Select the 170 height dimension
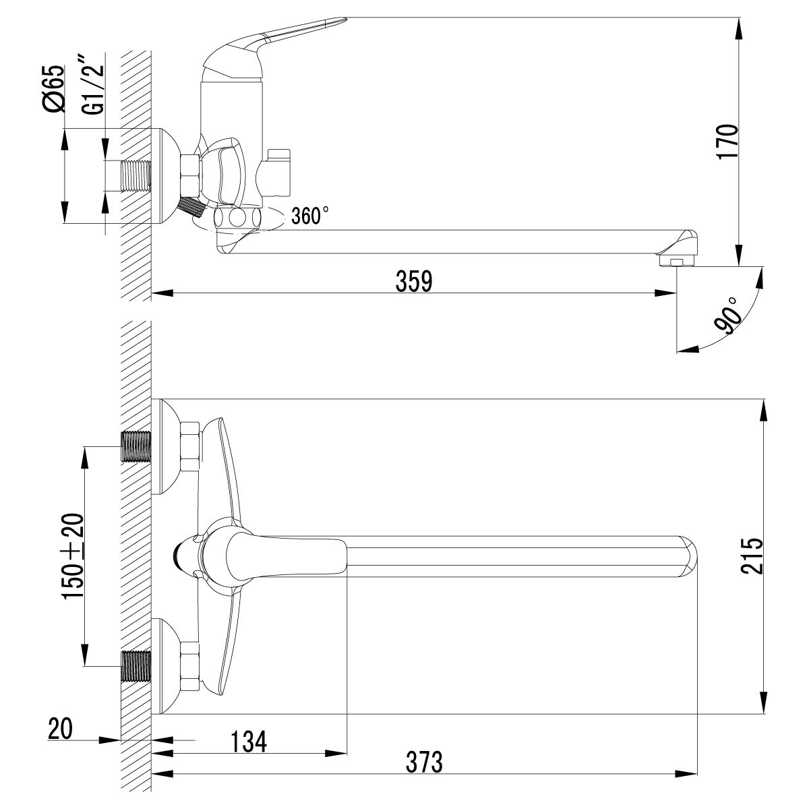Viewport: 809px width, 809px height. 728,140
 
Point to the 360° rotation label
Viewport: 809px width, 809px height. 310,216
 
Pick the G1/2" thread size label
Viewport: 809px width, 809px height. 94,88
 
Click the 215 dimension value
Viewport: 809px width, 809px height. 751,555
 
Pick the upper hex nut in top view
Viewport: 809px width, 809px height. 190,446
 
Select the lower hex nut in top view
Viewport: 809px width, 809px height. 190,665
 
